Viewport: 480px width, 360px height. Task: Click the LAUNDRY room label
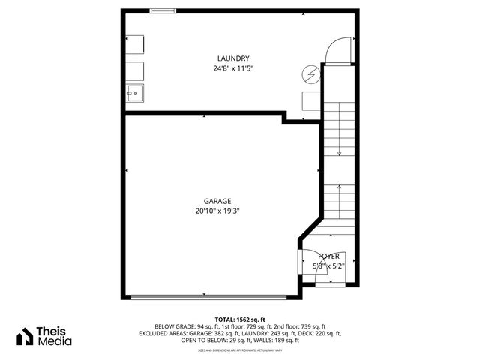coord(232,58)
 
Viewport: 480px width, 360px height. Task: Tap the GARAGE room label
coord(217,201)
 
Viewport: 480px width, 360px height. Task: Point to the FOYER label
coord(328,256)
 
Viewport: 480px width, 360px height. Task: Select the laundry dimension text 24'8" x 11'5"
coord(232,68)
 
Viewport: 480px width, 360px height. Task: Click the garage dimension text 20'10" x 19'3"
coord(217,211)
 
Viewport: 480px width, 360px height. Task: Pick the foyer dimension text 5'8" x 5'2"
coord(328,265)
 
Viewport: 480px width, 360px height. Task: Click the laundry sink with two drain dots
coord(136,94)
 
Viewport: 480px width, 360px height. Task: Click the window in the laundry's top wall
coord(163,10)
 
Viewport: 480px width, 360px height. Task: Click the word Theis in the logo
coord(55,331)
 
